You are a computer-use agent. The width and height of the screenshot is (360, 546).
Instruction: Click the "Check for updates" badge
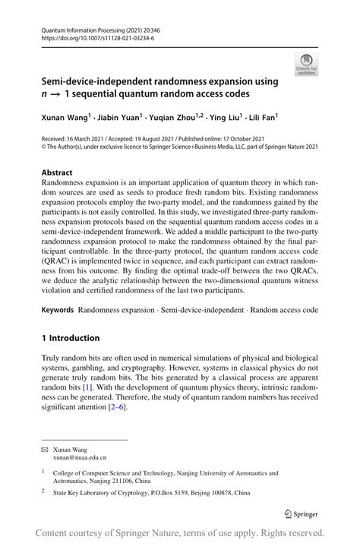tap(307, 64)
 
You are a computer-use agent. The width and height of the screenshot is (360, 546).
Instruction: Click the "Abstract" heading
tap(57, 172)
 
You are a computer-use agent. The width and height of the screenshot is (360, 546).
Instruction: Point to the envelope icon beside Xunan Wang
tap(44, 450)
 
